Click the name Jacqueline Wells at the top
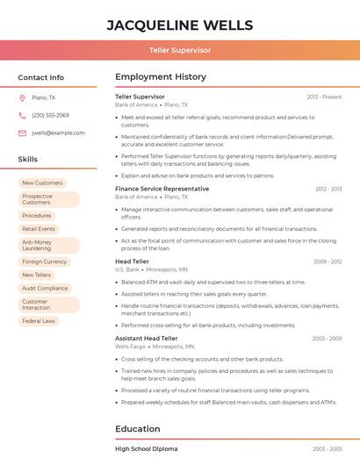[x=180, y=25]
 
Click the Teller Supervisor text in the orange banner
[x=180, y=51]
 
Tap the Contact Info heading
[x=40, y=77]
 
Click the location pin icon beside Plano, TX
[x=22, y=97]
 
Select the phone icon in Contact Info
[x=22, y=115]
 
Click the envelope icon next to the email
[x=22, y=132]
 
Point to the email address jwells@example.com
[x=58, y=132]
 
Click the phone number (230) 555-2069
[x=50, y=115]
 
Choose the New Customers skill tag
[x=42, y=182]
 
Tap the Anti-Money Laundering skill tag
[x=37, y=245]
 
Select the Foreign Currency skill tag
[x=44, y=261]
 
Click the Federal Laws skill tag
[x=39, y=321]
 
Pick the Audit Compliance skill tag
[x=45, y=288]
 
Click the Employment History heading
[x=161, y=77]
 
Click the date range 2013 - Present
[x=324, y=97]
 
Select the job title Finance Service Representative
[x=162, y=189]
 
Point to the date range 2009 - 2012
[x=328, y=261]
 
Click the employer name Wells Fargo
[x=130, y=347]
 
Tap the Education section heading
[x=138, y=429]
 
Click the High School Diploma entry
[x=147, y=448]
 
